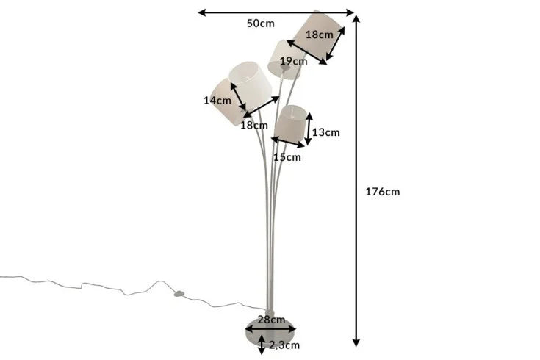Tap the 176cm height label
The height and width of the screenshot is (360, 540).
382,192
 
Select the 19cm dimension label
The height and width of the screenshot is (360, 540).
292,61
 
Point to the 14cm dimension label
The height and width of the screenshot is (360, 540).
217,101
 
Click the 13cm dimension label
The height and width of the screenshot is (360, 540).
326,132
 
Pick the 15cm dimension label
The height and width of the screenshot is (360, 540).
287,156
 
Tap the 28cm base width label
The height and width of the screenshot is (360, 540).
271,320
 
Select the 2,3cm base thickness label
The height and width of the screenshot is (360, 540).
284,344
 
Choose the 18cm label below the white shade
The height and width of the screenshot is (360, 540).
255,125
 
